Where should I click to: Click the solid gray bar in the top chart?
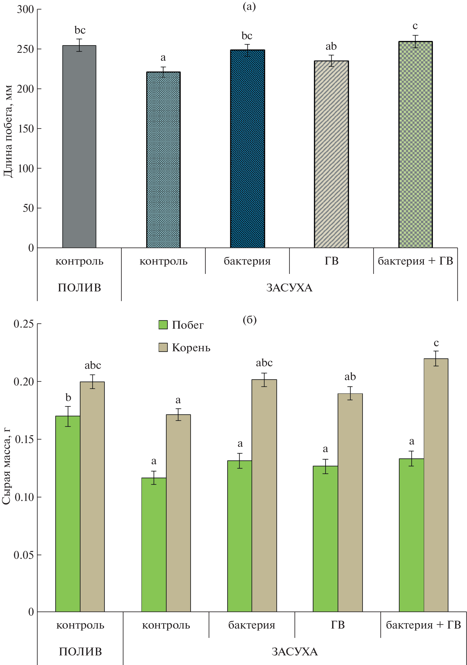(x=79, y=146)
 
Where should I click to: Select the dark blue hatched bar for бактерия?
(x=247, y=149)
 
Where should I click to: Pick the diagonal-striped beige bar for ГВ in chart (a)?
(x=331, y=154)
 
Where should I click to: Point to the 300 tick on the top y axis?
(x=25, y=9)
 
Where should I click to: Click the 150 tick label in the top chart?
(x=25, y=128)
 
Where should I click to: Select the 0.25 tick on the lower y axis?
(x=24, y=324)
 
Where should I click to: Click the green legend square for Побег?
(x=163, y=325)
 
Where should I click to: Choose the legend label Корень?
(x=191, y=348)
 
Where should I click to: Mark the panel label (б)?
(x=249, y=320)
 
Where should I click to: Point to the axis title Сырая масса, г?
(x=6, y=466)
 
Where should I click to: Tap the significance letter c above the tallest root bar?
(x=436, y=343)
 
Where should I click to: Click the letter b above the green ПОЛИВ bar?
(x=68, y=397)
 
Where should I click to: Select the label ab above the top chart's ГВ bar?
(x=331, y=46)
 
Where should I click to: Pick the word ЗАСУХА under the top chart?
(x=289, y=288)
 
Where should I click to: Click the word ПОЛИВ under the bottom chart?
(x=80, y=652)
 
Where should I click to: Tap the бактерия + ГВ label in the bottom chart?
(x=423, y=625)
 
